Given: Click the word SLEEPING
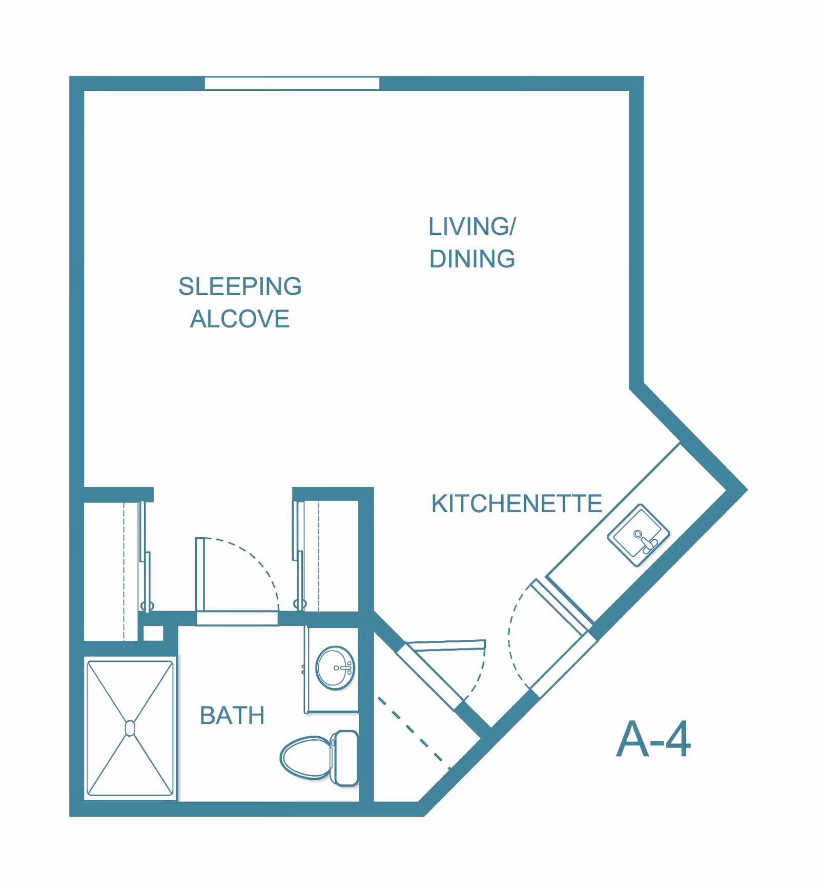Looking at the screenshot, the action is pos(240,287).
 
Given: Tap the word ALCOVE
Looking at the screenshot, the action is pos(240,319).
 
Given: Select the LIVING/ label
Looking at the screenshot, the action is pos(472,227).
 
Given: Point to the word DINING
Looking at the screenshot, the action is pos(472,259).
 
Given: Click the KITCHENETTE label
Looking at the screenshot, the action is pos(517,503).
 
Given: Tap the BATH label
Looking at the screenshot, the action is pos(232,716).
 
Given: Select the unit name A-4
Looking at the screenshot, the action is pos(653,739).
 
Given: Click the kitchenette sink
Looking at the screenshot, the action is pos(639,535).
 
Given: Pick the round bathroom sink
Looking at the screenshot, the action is pos(335,668).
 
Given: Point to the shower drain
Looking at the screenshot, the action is pos(130,728).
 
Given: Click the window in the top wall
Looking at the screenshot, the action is pos(292,84).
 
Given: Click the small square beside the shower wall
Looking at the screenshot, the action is pos(153,633).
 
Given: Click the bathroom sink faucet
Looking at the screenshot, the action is pos(343,668).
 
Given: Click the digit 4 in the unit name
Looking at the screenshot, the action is pos(678,739).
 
